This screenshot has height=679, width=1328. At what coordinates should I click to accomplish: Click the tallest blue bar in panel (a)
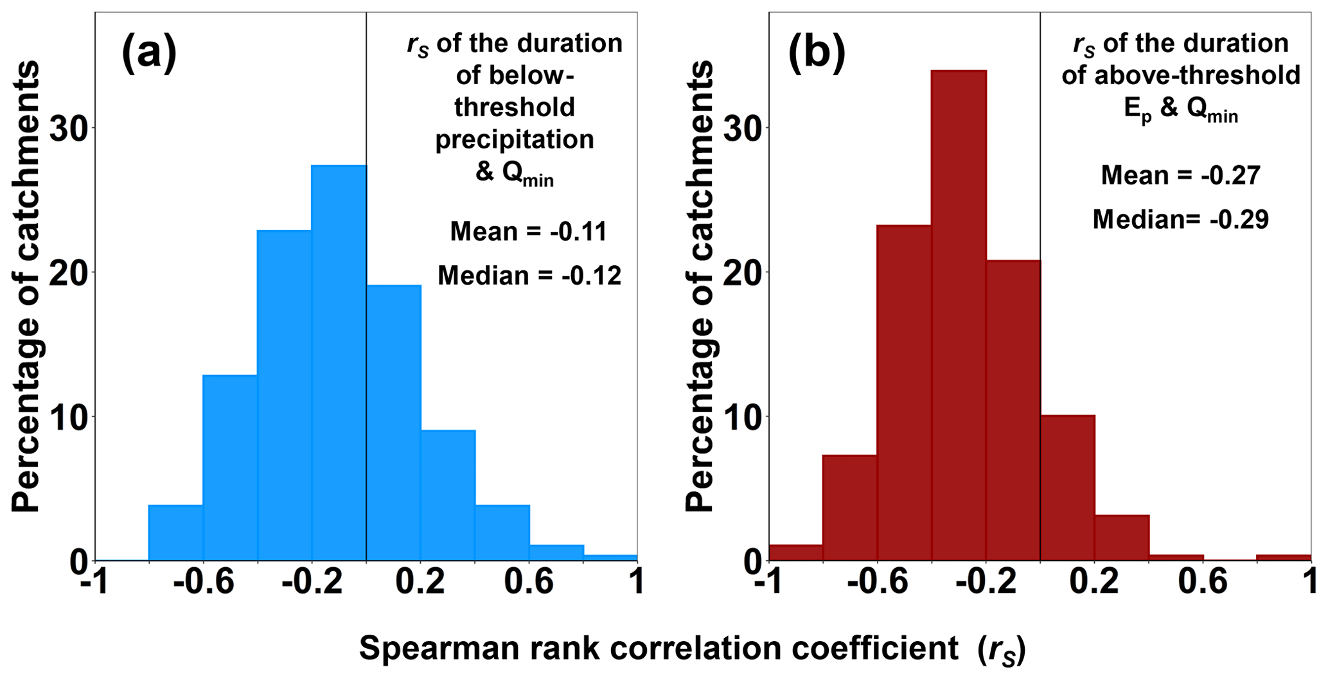(x=339, y=363)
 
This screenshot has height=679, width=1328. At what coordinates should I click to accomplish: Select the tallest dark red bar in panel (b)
(x=958, y=315)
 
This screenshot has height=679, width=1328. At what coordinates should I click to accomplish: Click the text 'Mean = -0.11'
(x=528, y=231)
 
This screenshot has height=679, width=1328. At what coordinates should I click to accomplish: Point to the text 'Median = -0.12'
(x=529, y=276)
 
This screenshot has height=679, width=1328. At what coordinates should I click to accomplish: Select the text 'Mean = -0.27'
(x=1181, y=175)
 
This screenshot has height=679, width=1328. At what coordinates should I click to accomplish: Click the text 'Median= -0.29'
(x=1181, y=220)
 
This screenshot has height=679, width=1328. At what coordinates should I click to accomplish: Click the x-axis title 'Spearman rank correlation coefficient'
(x=659, y=649)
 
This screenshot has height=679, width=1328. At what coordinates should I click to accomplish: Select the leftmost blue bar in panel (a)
(x=175, y=533)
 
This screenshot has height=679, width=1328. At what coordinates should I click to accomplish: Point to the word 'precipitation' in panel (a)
(x=515, y=139)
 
